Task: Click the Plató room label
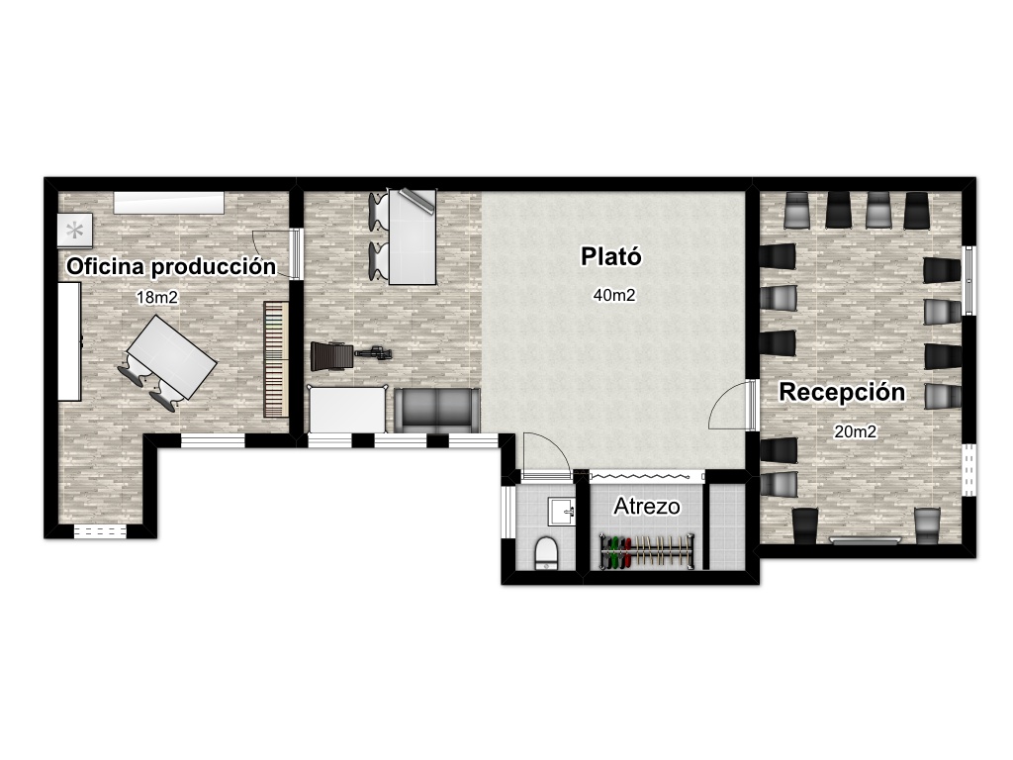(x=611, y=256)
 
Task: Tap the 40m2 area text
(x=614, y=295)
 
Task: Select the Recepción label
(x=842, y=392)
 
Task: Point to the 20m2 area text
(x=856, y=431)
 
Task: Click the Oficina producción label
(x=171, y=266)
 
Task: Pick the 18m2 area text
(x=157, y=297)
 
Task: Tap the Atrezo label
(x=647, y=507)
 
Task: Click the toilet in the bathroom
(x=546, y=552)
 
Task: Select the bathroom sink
(x=562, y=512)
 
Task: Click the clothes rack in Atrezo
(x=647, y=551)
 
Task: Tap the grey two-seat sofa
(x=436, y=411)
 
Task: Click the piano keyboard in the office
(x=276, y=359)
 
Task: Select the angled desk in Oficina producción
(x=172, y=356)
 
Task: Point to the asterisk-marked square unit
(x=75, y=230)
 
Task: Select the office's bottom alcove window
(x=100, y=531)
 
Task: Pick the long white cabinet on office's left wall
(x=70, y=341)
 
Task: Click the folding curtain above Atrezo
(x=647, y=476)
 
